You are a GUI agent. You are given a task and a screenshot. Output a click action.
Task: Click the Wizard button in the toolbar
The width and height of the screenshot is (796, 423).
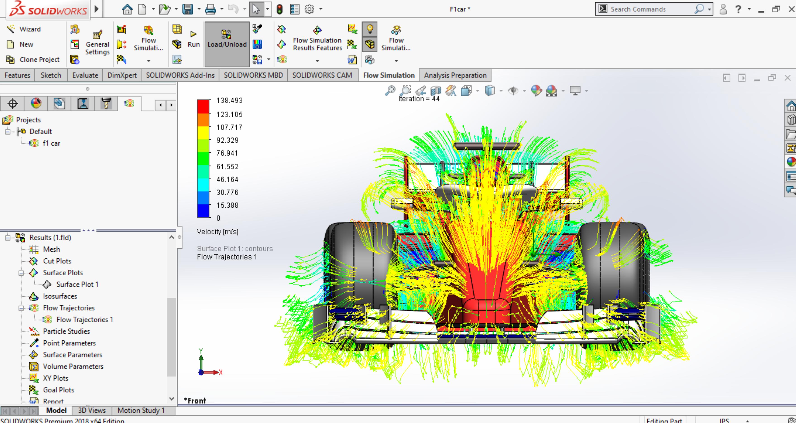(24, 29)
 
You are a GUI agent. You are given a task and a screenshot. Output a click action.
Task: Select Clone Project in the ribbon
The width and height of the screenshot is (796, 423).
(33, 59)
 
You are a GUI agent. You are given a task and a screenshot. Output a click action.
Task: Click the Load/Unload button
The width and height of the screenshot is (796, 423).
(227, 44)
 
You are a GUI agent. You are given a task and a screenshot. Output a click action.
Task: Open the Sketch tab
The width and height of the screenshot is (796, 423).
(51, 75)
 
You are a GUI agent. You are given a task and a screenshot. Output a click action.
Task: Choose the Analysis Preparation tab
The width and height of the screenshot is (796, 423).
(455, 75)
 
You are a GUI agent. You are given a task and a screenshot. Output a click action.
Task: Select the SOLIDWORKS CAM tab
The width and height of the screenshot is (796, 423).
(322, 75)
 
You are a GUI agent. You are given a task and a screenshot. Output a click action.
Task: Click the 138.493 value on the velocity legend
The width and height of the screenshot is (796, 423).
(229, 101)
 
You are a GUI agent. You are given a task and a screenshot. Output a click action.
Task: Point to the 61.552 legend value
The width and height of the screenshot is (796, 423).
(227, 167)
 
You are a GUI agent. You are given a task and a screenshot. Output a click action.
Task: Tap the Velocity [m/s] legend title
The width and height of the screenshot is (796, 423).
(217, 232)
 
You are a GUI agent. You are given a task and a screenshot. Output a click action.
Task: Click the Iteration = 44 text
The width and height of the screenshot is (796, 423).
(419, 99)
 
